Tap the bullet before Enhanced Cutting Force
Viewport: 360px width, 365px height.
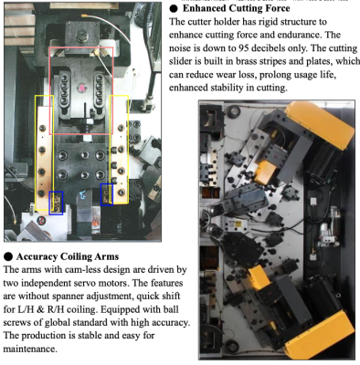(x=174, y=8)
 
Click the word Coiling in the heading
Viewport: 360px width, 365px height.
(x=76, y=257)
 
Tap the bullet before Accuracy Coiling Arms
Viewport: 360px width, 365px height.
(x=8, y=257)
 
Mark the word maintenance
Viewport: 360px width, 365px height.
(x=30, y=349)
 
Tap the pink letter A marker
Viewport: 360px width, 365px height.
(x=81, y=88)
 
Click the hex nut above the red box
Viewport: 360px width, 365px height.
(x=81, y=36)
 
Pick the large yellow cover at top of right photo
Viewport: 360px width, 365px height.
(x=319, y=124)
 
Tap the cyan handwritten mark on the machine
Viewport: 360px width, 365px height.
(x=81, y=194)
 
